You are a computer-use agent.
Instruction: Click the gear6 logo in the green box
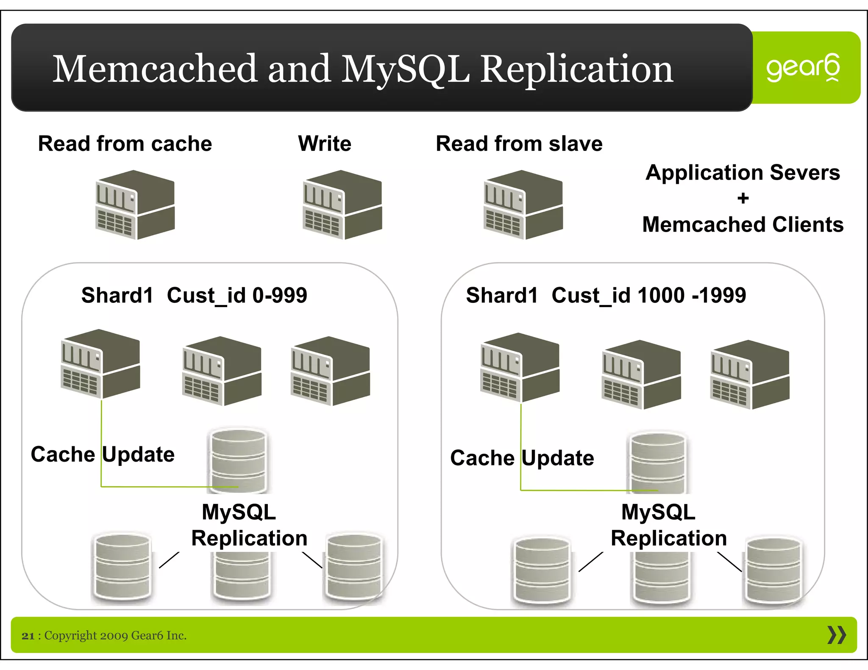click(803, 68)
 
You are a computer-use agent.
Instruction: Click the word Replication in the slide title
click(576, 69)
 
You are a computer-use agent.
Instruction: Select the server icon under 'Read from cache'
click(135, 205)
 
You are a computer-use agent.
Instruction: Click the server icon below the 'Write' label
click(342, 205)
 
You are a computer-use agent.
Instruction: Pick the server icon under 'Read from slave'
click(523, 205)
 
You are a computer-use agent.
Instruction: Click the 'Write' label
click(325, 144)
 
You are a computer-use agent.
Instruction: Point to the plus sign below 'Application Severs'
click(743, 198)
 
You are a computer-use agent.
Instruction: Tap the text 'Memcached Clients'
click(743, 224)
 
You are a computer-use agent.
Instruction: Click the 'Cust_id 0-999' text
click(236, 295)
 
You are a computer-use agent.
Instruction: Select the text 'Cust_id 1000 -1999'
click(648, 295)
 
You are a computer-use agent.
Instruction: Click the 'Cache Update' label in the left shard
click(103, 454)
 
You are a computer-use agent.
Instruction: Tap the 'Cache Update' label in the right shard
click(522, 458)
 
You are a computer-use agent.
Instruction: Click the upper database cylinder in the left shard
click(239, 460)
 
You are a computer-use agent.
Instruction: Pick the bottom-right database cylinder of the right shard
click(773, 570)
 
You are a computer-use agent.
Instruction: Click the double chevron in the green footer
click(836, 635)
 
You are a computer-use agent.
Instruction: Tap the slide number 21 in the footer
click(28, 636)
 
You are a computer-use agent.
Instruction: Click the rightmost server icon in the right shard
click(749, 374)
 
